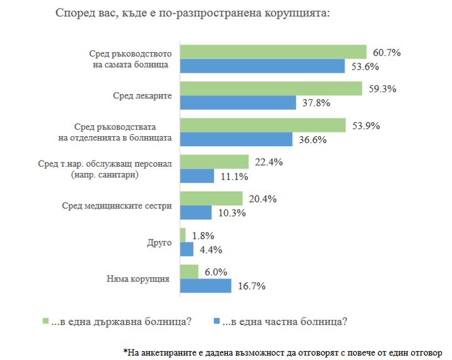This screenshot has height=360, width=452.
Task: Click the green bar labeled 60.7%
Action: click(x=273, y=51)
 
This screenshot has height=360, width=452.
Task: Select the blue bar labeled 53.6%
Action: click(x=262, y=66)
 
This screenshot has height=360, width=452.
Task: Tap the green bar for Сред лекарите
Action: click(x=271, y=88)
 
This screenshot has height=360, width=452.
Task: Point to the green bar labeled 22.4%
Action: click(x=214, y=162)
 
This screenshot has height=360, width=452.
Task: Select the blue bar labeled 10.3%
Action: click(x=196, y=213)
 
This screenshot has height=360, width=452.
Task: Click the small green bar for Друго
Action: click(x=183, y=235)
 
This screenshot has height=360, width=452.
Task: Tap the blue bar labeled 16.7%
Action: click(x=206, y=286)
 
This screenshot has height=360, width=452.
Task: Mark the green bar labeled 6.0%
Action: click(x=189, y=272)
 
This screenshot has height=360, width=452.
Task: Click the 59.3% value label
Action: click(x=382, y=88)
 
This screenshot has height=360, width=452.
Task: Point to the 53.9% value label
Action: click(x=366, y=125)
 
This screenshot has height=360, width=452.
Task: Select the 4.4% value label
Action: click(x=211, y=250)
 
